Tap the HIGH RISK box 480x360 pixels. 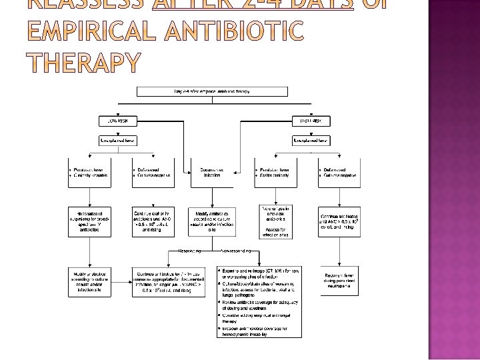coord(311,121)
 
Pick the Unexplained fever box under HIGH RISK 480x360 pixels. coord(311,140)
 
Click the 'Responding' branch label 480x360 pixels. coord(192,251)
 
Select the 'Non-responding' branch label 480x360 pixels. coord(233,251)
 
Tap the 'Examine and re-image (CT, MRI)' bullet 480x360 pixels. coord(259,273)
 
